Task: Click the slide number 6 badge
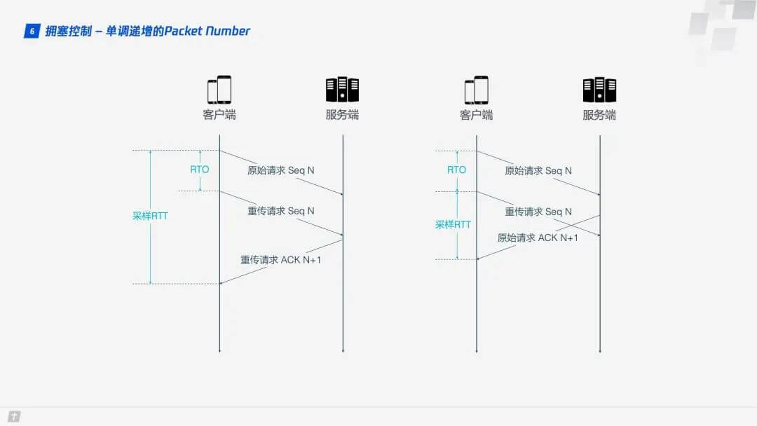[x=32, y=31]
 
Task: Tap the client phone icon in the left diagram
[x=219, y=90]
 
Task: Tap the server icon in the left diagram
[x=342, y=90]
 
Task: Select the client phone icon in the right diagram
[x=477, y=90]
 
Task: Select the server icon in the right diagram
[x=599, y=90]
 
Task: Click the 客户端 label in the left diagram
[x=219, y=115]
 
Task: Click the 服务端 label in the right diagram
[x=599, y=115]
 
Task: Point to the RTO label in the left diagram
[x=200, y=170]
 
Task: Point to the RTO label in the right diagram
[x=456, y=170]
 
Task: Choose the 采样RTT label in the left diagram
[x=150, y=216]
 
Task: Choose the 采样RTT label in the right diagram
[x=453, y=225]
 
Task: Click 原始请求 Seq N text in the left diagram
[x=281, y=170]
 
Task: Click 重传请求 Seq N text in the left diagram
[x=281, y=211]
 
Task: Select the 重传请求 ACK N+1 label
[x=281, y=260]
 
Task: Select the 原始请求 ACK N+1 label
[x=538, y=238]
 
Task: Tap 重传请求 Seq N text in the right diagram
[x=538, y=211]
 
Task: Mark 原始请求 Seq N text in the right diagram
[x=538, y=170]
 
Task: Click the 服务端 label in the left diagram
[x=342, y=115]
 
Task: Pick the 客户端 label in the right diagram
[x=477, y=115]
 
